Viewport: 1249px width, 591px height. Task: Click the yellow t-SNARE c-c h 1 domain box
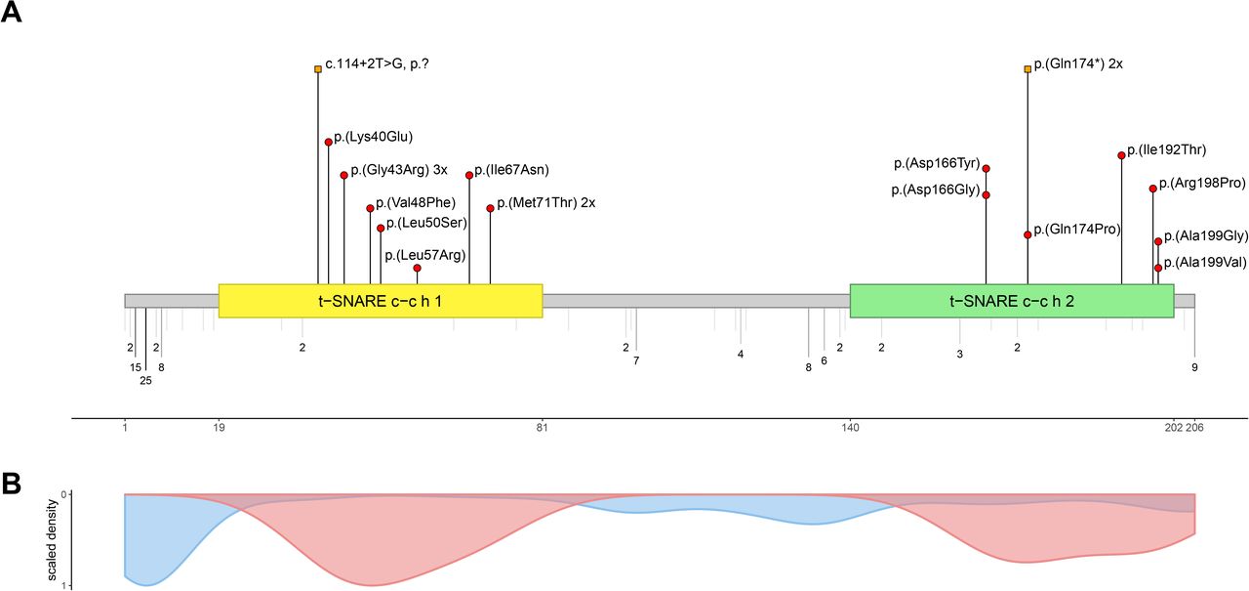[381, 301]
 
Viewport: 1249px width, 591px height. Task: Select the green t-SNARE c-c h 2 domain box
[1012, 301]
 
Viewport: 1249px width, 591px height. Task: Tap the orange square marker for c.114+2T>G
[318, 69]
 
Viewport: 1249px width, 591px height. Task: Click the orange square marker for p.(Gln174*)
[1027, 69]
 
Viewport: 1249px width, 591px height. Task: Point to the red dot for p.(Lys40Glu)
[329, 143]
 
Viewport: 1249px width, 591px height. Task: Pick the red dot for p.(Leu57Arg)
[417, 268]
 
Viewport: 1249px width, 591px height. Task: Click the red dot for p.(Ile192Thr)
[1121, 155]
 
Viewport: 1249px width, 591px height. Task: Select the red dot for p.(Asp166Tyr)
[986, 169]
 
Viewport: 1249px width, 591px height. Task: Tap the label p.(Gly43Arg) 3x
[399, 170]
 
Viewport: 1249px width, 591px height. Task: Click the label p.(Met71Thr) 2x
[546, 202]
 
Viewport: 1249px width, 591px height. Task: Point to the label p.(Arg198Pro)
[1202, 183]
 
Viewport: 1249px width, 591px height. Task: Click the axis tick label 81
[542, 428]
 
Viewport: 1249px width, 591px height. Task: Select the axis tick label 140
[850, 428]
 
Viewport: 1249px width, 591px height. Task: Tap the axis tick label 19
[219, 428]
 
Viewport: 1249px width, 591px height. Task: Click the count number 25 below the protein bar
[145, 381]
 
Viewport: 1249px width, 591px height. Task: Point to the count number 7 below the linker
[636, 360]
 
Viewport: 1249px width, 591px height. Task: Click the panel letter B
[12, 484]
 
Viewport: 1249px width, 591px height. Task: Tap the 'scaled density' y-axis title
[53, 539]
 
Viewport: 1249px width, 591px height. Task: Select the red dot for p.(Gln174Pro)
[1027, 235]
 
